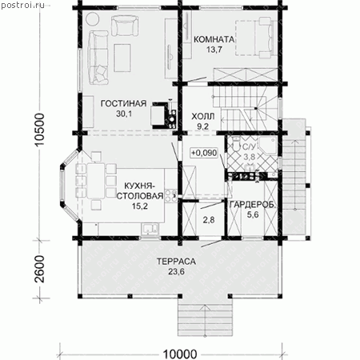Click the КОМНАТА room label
[x=214, y=39]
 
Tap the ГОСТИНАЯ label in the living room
[x=123, y=103]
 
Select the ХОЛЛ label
[x=203, y=117]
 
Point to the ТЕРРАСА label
[x=176, y=262]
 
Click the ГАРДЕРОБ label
[x=252, y=205]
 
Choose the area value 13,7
[x=214, y=50]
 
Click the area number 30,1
[x=124, y=114]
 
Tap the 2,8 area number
[x=209, y=220]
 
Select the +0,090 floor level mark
[x=204, y=153]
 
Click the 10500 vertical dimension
[x=39, y=130]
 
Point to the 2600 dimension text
[x=39, y=269]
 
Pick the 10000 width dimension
[x=180, y=354]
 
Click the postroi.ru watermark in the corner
[x=22, y=5]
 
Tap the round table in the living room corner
[x=93, y=19]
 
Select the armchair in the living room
[x=125, y=25]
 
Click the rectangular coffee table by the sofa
[x=122, y=58]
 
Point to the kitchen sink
[x=150, y=229]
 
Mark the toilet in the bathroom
[x=236, y=143]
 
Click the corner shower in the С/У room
[x=267, y=146]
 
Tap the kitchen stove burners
[x=170, y=195]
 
